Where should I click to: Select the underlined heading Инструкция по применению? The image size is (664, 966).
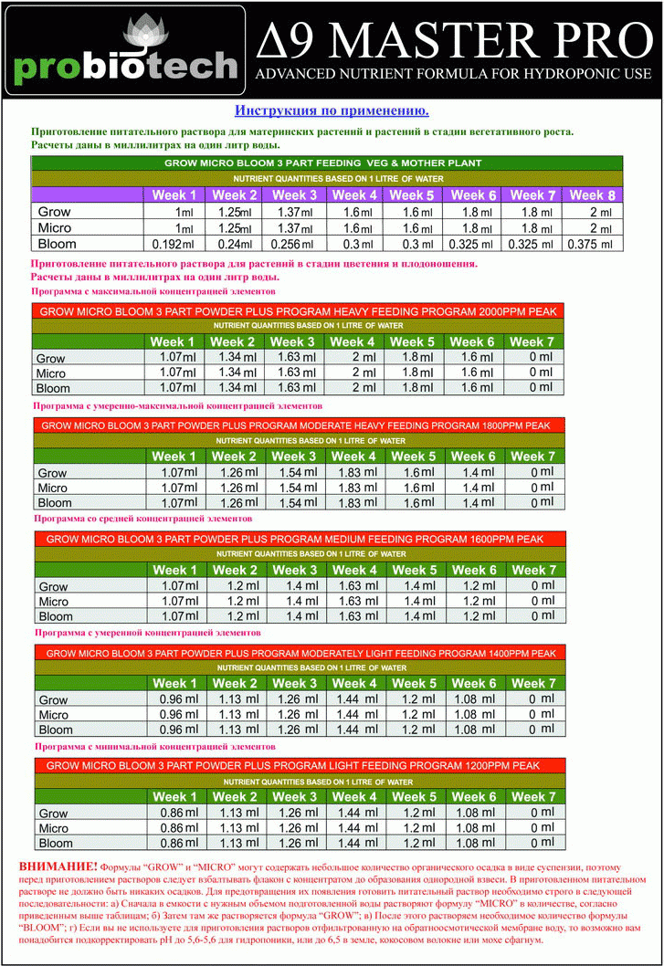[332, 110]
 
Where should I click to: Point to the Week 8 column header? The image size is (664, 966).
[592, 194]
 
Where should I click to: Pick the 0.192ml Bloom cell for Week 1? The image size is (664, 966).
[173, 244]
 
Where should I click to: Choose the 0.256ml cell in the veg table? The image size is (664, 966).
[292, 244]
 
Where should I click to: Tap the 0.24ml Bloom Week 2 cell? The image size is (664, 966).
[233, 244]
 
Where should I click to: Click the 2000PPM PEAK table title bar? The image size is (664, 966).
[298, 311]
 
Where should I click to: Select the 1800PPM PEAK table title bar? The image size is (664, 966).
[298, 425]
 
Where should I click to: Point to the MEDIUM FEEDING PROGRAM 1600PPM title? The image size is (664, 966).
[298, 539]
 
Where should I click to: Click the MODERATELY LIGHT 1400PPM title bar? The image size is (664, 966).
[298, 653]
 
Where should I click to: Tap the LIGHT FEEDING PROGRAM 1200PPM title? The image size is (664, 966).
[298, 766]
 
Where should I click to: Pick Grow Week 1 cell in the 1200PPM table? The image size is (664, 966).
[173, 812]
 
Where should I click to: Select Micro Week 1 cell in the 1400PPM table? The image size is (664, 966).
[173, 714]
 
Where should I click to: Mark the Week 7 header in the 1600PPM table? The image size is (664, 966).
[532, 570]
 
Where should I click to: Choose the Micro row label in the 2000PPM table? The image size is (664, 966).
[52, 373]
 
